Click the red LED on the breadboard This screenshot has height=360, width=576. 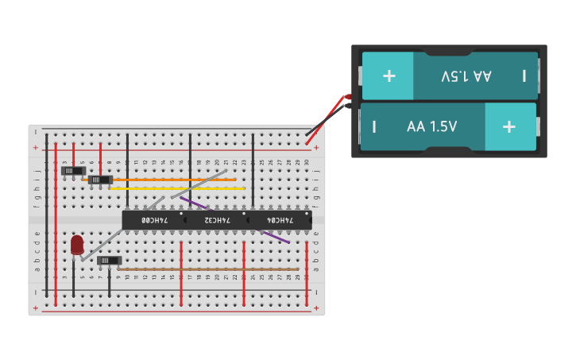pyautogui.click(x=76, y=245)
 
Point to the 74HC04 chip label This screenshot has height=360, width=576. pyautogui.click(x=280, y=219)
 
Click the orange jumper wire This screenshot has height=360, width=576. pyautogui.click(x=175, y=180)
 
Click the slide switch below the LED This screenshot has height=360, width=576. pyautogui.click(x=110, y=261)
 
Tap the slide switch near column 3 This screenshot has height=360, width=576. pyautogui.click(x=73, y=170)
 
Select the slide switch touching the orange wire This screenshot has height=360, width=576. pyautogui.click(x=100, y=180)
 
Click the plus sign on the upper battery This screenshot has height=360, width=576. pyautogui.click(x=389, y=75)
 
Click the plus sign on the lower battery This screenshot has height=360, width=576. pyautogui.click(x=509, y=126)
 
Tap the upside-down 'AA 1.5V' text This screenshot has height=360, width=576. pyautogui.click(x=466, y=75)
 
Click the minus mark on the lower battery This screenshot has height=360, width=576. pyautogui.click(x=374, y=126)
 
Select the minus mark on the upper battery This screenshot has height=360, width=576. pyautogui.click(x=524, y=75)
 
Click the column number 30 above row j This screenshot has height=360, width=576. pyautogui.click(x=307, y=163)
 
